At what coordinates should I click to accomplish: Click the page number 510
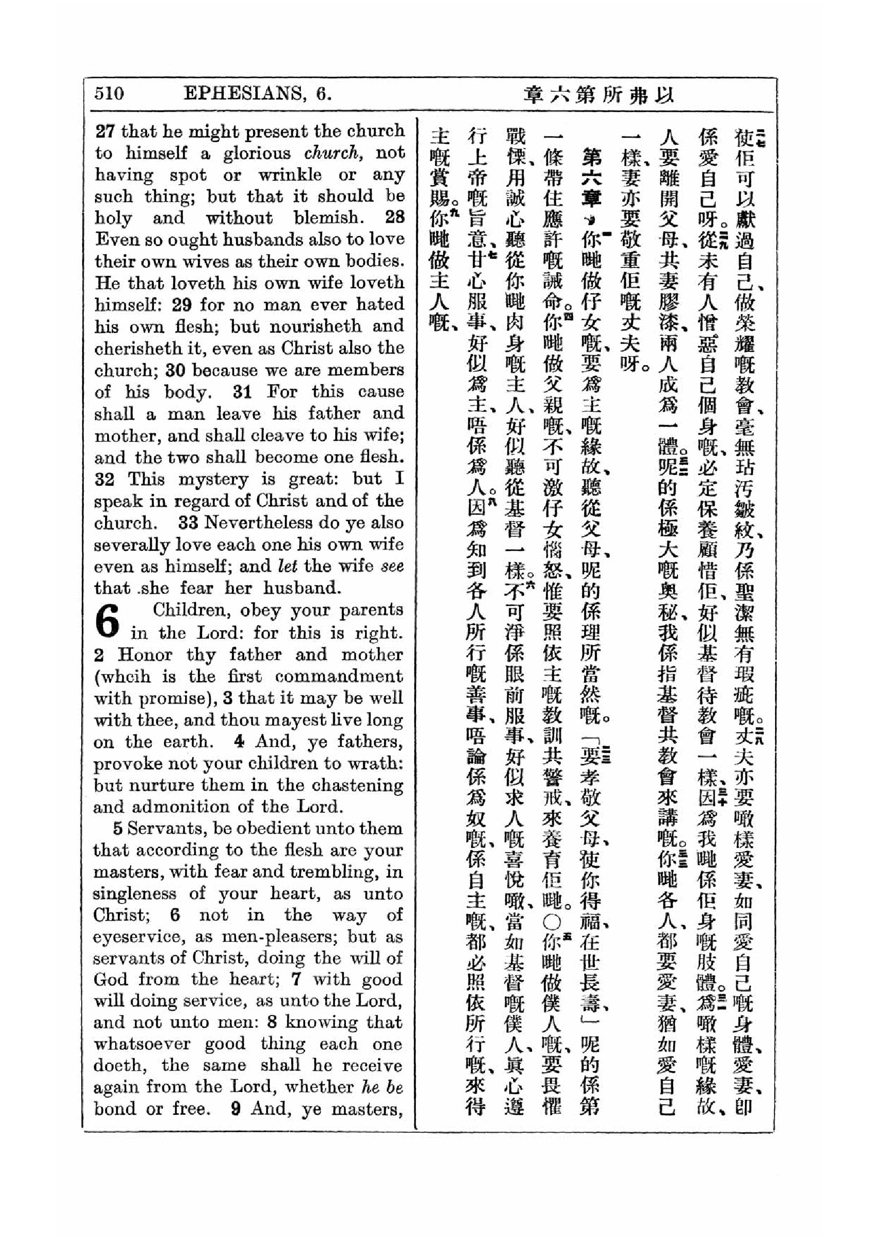[109, 93]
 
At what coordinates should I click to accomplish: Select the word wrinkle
[290, 175]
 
